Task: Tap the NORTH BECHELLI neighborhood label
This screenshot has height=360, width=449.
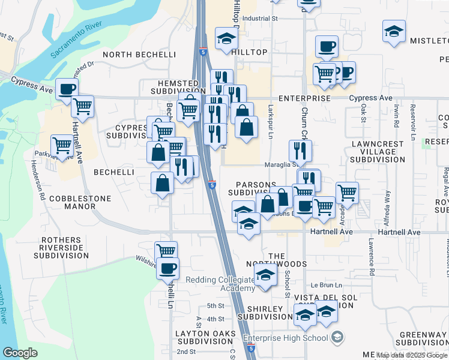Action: tap(139, 55)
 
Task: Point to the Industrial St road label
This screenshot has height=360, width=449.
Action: tap(261, 19)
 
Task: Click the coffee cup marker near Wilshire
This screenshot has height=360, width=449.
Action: tap(167, 268)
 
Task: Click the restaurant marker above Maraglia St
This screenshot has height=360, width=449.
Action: tap(299, 151)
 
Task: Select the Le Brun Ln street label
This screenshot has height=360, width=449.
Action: tap(326, 284)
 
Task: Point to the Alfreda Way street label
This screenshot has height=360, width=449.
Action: tap(388, 203)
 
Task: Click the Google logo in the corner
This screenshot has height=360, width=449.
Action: tap(20, 353)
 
